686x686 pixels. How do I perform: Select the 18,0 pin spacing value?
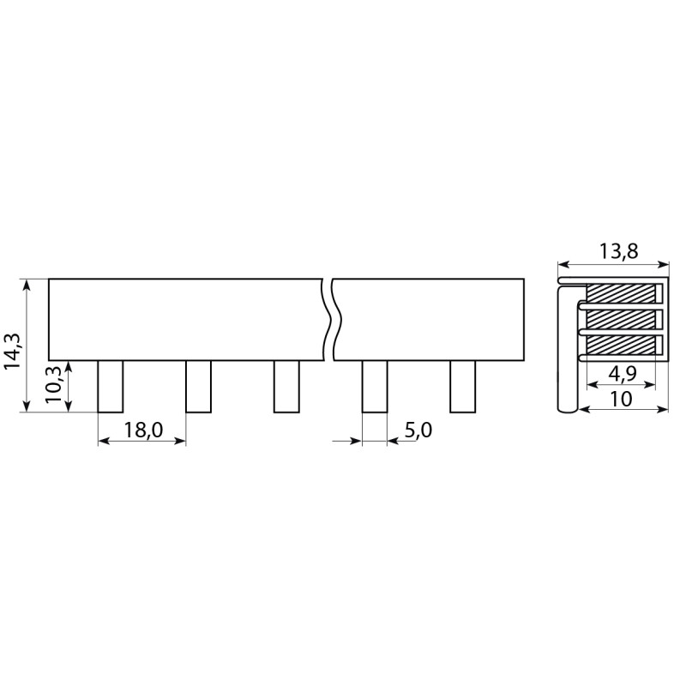click(143, 430)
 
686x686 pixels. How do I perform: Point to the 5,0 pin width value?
click(418, 430)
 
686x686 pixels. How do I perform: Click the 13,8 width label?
click(618, 251)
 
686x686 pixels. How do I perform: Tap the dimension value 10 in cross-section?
click(620, 399)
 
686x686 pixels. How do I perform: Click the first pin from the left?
click(111, 387)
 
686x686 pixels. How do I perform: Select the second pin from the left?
click(199, 387)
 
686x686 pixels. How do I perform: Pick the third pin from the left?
click(286, 387)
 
